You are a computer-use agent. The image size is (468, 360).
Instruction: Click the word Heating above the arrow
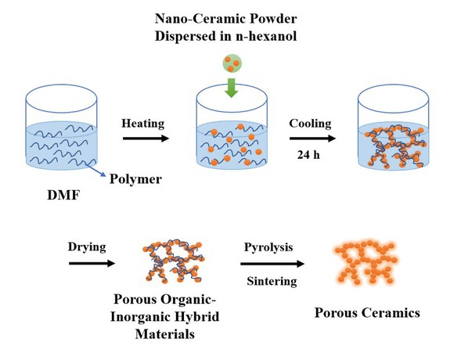tap(143, 124)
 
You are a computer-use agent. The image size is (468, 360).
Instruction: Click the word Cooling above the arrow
tap(310, 124)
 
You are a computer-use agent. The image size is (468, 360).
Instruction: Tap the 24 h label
tap(308, 155)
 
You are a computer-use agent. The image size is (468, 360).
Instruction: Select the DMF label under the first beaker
tap(63, 195)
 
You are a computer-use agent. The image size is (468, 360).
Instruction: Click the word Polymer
tap(136, 179)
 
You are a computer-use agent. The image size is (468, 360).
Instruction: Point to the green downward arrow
tap(231, 88)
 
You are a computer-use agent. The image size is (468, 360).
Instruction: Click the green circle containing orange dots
tap(232, 63)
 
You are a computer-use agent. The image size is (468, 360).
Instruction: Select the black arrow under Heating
tap(146, 139)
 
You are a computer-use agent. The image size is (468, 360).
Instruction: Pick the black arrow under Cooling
tap(312, 139)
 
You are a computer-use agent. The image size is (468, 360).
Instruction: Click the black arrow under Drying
tap(92, 263)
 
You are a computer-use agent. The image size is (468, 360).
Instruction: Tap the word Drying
tap(87, 247)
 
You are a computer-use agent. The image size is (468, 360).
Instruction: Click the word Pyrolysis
tap(268, 247)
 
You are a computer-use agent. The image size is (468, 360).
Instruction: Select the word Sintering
tap(272, 281)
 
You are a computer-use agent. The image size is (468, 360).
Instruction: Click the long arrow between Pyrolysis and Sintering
tap(272, 264)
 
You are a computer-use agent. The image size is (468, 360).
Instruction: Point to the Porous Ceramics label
tap(367, 313)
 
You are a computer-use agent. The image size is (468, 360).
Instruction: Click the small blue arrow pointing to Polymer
tap(95, 170)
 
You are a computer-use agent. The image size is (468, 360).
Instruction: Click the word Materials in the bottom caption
tap(165, 333)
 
